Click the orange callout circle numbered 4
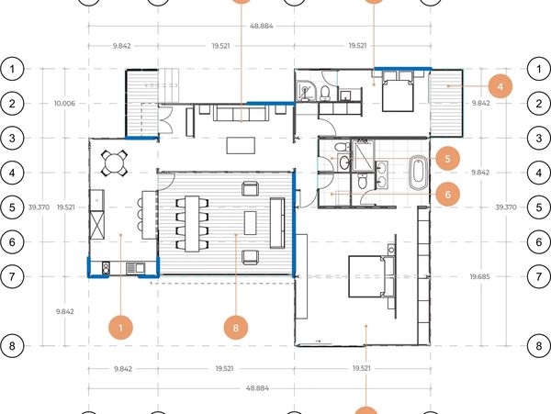[500, 86]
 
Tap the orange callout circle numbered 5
[447, 159]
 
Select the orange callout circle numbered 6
[447, 195]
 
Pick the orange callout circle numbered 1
[120, 328]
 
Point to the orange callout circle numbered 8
[235, 328]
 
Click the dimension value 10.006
[64, 103]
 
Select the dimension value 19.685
[479, 276]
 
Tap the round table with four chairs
[114, 162]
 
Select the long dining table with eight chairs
[192, 224]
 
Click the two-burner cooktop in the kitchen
[107, 269]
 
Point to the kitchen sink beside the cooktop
[135, 268]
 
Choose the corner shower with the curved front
[306, 91]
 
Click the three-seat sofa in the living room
[241, 113]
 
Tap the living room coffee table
[241, 145]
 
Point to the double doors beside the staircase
[165, 118]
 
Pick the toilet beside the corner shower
[325, 93]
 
